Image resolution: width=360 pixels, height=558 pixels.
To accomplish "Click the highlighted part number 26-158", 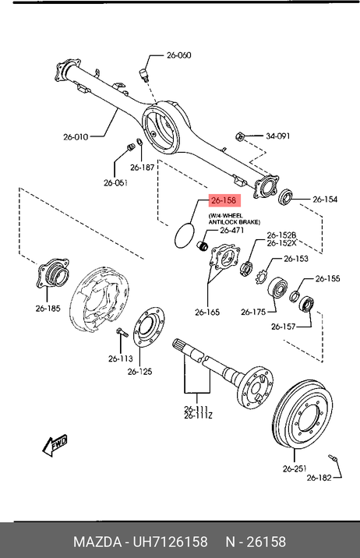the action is click(224, 200).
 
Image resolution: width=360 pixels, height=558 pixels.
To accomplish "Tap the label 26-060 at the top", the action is click(179, 55).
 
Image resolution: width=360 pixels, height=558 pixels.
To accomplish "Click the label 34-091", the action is click(278, 136).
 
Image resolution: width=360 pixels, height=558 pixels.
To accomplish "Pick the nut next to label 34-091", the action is click(240, 136).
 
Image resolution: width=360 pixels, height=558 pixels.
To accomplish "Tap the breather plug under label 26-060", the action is click(143, 75).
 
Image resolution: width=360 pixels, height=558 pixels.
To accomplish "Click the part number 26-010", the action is click(76, 136).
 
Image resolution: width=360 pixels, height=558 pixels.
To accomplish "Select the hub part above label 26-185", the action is click(52, 274).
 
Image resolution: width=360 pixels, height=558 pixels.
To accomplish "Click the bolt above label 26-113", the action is click(121, 333).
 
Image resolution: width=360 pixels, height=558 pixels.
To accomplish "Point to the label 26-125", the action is click(139, 372).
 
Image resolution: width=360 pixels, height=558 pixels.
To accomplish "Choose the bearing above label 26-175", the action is click(277, 288).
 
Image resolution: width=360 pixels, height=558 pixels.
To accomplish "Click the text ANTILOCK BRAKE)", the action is click(234, 222).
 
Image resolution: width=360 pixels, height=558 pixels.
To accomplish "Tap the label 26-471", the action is click(232, 230).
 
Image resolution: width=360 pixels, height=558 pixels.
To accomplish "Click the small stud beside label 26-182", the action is click(332, 457).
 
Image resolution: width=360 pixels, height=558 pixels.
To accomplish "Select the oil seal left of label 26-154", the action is click(286, 196).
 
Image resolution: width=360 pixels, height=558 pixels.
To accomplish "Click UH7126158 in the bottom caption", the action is click(170, 542).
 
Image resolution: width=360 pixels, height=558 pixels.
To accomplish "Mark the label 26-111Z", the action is click(198, 415).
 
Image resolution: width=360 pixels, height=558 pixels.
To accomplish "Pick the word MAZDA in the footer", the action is click(97, 542).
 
